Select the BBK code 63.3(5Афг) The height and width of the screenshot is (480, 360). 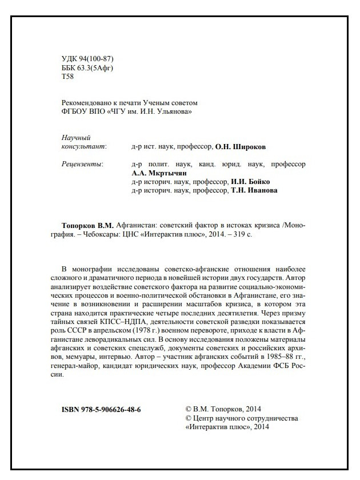(97, 68)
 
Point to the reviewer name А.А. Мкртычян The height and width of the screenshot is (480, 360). (159, 173)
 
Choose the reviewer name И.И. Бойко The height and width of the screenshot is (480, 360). (250, 182)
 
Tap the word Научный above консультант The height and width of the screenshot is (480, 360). (75, 138)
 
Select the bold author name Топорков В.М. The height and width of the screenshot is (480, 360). (86, 225)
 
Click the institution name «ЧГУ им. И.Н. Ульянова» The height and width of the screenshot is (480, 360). (149, 112)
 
